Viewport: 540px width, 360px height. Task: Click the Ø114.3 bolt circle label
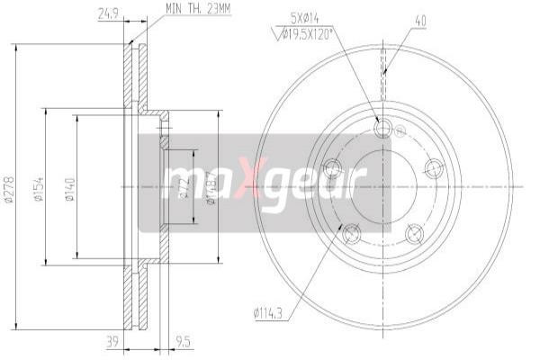[x=269, y=314]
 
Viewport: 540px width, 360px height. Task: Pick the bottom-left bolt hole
[x=351, y=234]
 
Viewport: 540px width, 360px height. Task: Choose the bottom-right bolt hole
[x=414, y=234]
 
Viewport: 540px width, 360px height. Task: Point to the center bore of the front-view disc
[x=382, y=186]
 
